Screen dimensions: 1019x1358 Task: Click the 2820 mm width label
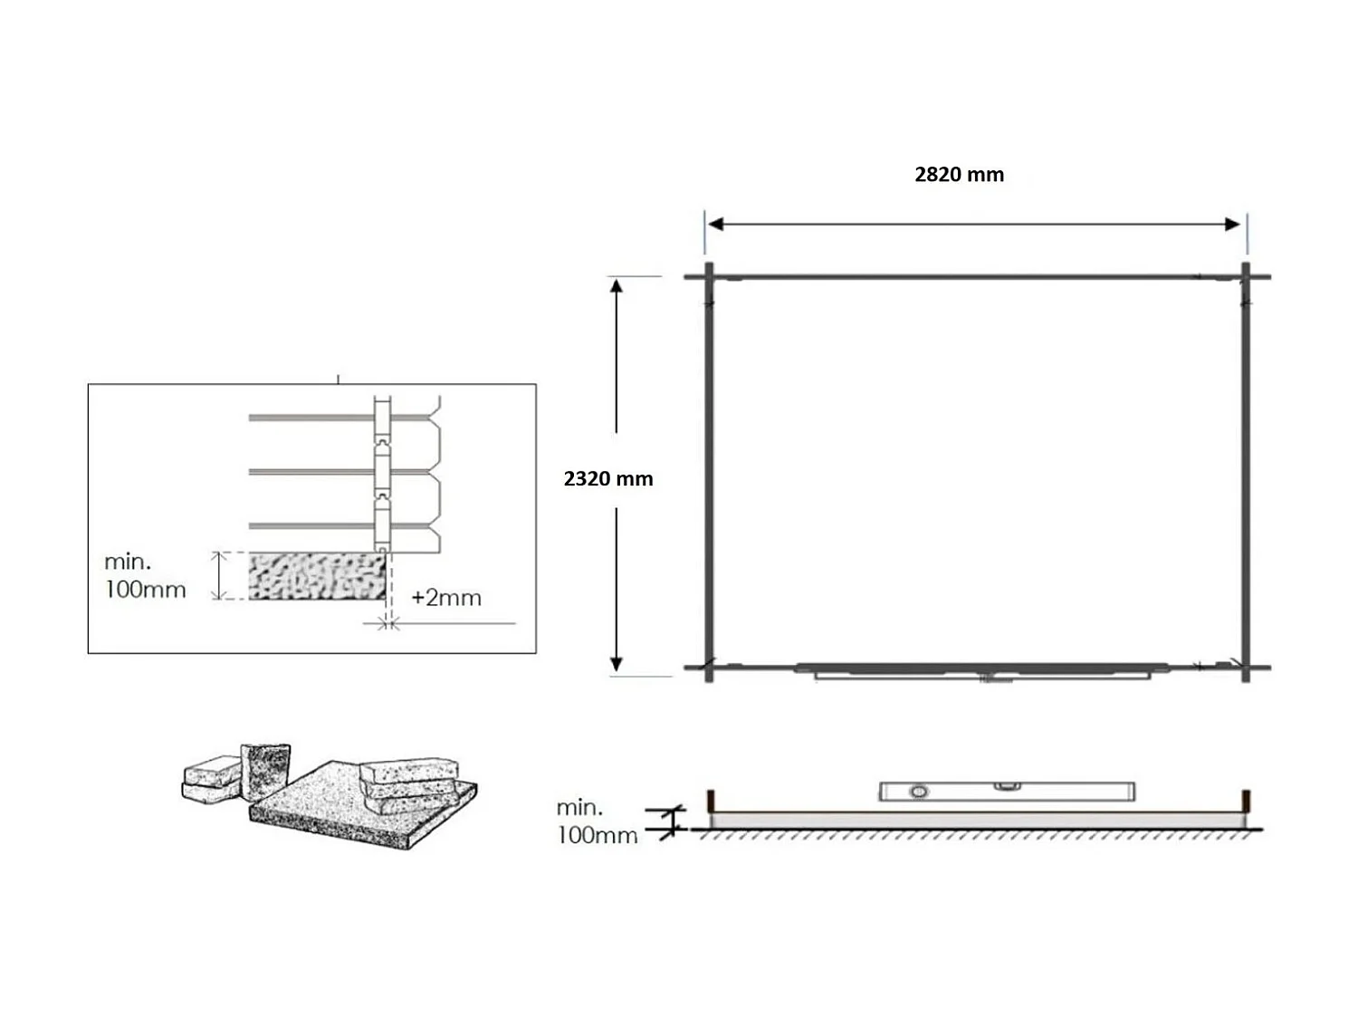coord(959,175)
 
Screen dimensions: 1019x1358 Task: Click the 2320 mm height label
coord(607,479)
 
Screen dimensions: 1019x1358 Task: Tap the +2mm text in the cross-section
coord(446,598)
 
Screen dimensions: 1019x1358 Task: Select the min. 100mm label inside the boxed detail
coord(145,576)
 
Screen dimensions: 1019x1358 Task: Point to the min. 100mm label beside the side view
coord(597,821)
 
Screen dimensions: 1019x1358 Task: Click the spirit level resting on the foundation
coord(1006,791)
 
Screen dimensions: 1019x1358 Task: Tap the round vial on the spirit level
coord(918,792)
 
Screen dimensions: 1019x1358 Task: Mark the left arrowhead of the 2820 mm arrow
coord(715,225)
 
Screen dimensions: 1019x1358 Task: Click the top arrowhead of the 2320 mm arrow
coord(617,287)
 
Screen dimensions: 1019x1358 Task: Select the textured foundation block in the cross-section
coord(317,576)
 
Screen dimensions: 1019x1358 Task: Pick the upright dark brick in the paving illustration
coord(265,771)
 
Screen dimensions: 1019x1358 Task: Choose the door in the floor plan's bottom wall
coord(982,671)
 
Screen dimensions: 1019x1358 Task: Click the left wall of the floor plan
coord(710,471)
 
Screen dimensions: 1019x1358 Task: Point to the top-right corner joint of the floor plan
coord(1246,276)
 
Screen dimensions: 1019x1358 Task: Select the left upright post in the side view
coord(712,802)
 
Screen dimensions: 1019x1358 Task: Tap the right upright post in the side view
coord(1247,802)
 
